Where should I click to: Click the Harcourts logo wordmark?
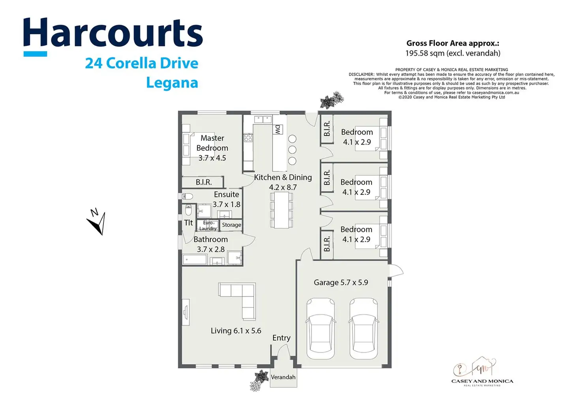pos(113,33)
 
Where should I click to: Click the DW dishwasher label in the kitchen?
pos(278,129)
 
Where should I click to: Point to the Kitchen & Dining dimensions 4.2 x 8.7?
pos(283,187)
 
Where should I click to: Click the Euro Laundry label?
pos(208,226)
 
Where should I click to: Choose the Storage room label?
pos(231,225)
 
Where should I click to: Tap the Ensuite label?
pos(227,194)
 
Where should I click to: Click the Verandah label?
pos(283,377)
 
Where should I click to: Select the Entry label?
pos(281,338)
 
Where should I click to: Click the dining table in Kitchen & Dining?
pos(281,210)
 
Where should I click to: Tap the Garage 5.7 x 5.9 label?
pos(341,283)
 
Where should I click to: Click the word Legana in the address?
pos(172,83)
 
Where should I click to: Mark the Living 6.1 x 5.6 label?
pos(236,331)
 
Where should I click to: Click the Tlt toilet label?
pos(188,223)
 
